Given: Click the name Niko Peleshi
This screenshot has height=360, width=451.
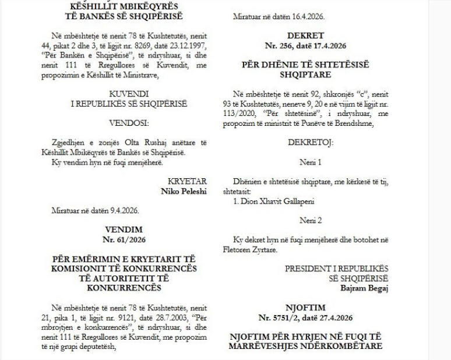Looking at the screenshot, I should [x=187, y=190].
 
